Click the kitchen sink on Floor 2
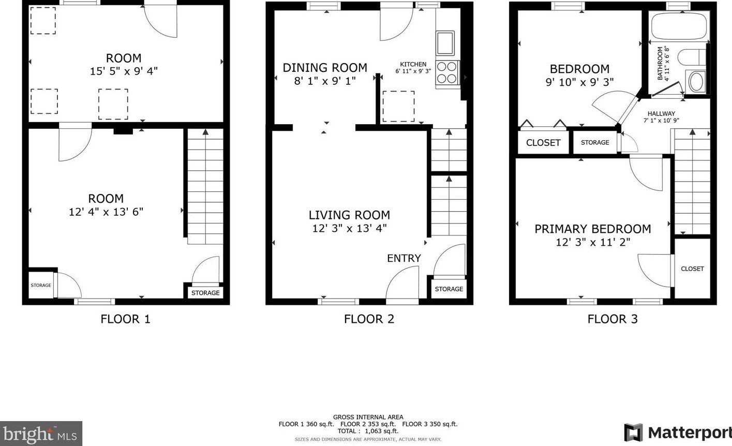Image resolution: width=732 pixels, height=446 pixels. coord(445,43)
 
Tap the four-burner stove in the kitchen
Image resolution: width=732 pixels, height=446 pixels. coord(447,72)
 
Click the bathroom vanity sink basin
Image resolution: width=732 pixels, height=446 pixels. coord(696,82)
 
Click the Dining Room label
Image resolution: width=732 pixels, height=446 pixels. coord(325,68)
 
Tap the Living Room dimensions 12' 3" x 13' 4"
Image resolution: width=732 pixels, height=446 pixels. coord(349,228)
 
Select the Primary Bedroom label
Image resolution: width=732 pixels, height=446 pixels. coord(593,229)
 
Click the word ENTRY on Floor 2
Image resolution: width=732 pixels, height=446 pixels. coord(404,259)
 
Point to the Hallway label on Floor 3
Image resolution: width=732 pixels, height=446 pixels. coord(662,114)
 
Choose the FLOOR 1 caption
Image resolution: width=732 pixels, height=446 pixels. coord(126,319)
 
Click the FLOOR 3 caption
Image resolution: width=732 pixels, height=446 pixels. coord(613,319)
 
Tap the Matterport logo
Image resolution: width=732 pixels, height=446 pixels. coord(678,432)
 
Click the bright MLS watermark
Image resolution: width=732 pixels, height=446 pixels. coord(40,434)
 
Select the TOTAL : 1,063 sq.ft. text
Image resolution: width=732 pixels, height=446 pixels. coord(368,431)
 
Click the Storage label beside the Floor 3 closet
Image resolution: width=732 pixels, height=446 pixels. coord(595,142)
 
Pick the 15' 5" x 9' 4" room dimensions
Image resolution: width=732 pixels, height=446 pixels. coord(124,71)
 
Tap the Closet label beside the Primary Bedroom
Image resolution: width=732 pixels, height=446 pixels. coord(692,269)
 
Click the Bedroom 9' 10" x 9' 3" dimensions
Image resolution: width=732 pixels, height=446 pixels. coord(580,82)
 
